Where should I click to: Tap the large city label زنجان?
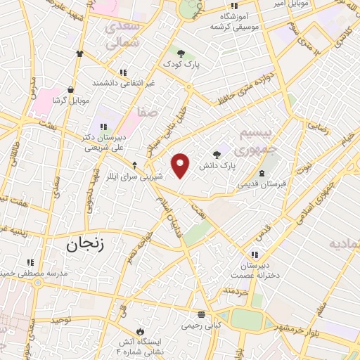click(84, 245)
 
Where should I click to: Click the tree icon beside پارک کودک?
click(181, 53)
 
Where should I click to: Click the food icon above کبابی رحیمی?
click(202, 314)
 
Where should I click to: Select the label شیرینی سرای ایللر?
click(135, 176)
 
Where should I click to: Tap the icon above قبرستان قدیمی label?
click(262, 173)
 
